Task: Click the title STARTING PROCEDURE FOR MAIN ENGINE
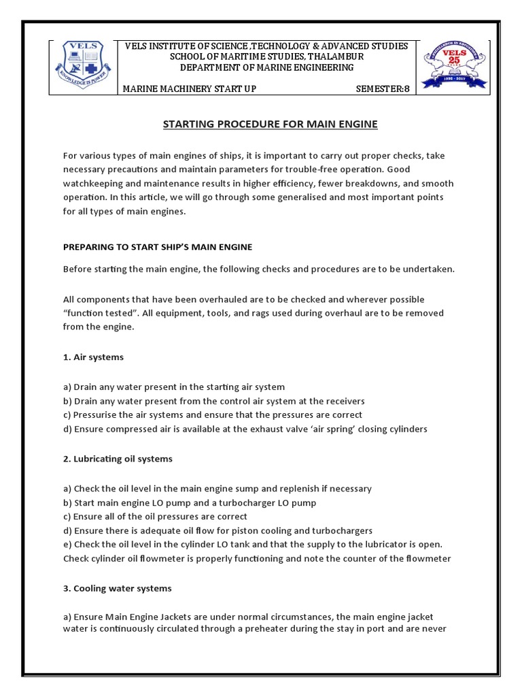coord(270,124)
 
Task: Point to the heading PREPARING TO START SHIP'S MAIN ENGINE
coord(158,246)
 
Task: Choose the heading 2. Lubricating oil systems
coord(118,459)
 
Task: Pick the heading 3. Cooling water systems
coord(117,588)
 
